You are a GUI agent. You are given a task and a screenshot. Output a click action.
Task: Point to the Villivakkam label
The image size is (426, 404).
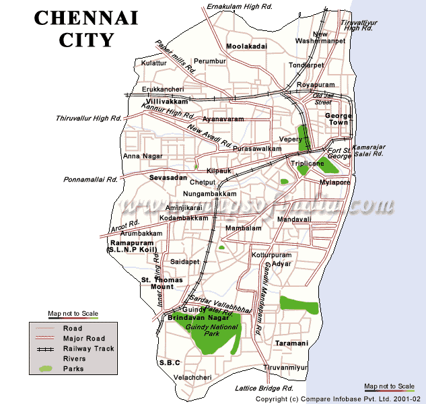[x=166, y=101]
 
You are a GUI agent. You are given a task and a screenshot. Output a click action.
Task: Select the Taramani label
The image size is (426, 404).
[x=291, y=343]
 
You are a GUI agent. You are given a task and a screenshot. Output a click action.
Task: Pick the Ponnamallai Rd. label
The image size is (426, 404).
[x=91, y=180]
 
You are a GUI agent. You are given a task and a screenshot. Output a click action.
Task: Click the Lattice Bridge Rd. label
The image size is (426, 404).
[x=264, y=389]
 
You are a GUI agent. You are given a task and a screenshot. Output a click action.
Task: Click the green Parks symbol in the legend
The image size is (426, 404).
[x=45, y=369]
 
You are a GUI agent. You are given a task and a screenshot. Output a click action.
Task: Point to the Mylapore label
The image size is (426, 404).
[x=335, y=182]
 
